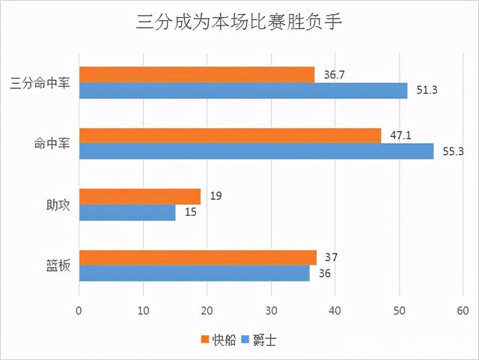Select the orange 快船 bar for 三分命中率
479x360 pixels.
(197, 74)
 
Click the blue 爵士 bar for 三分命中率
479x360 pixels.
(243, 91)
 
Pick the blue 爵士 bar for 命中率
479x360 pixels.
(256, 152)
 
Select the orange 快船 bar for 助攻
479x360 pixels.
(140, 196)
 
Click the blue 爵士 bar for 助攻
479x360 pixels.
(127, 213)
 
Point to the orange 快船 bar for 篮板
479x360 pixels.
(198, 257)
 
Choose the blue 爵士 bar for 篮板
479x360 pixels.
(195, 274)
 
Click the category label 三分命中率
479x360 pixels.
(42, 83)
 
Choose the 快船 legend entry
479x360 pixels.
(219, 340)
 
